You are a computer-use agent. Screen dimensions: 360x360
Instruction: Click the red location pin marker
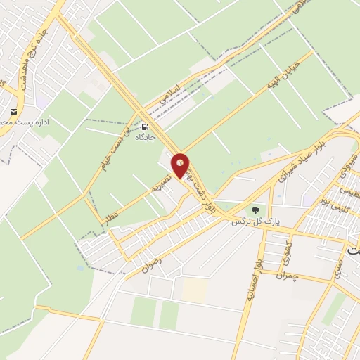[181, 165]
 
